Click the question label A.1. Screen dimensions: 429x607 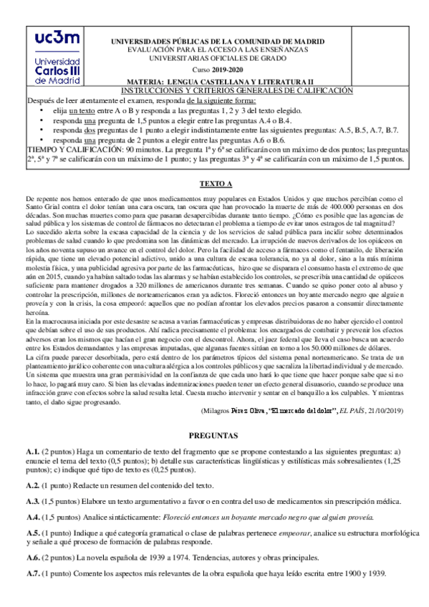click(32, 452)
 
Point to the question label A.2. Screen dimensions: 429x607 click(32, 485)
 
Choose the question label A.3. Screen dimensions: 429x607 click(32, 502)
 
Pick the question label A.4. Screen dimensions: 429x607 click(32, 518)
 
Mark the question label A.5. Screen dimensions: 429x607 click(32, 534)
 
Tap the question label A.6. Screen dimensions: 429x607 click(32, 559)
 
